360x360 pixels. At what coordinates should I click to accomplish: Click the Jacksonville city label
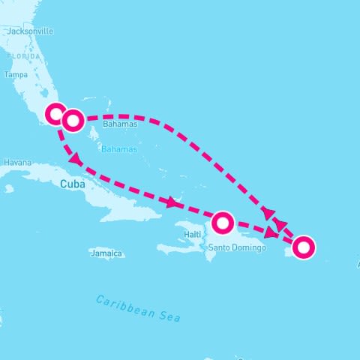pos(30,31)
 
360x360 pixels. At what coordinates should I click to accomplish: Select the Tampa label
pos(16,75)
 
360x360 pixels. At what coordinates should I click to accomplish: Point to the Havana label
pos(17,162)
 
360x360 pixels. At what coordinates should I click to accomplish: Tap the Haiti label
pos(193,235)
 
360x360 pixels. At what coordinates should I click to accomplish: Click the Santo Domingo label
pos(237,247)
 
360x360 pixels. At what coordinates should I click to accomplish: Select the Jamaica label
pos(106,254)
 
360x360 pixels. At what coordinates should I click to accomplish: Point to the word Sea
pos(170,316)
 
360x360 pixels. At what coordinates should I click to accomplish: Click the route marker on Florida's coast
pos(56,114)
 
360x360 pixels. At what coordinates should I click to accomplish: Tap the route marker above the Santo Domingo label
pos(223,222)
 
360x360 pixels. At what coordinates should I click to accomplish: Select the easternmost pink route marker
pos(303,247)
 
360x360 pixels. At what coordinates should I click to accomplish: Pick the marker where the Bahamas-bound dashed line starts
pos(73,120)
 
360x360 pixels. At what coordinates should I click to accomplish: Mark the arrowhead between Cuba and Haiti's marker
pos(175,202)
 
